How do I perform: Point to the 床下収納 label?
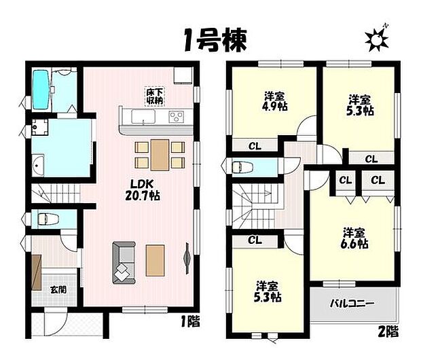click(x=153, y=96)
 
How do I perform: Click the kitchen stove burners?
click(x=177, y=115)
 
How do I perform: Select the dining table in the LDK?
click(x=160, y=154)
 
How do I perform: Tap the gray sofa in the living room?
click(x=123, y=262)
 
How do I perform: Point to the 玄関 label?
click(x=58, y=289)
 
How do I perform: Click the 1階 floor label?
click(x=190, y=320)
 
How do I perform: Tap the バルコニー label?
click(x=353, y=303)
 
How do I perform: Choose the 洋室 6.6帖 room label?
click(x=354, y=236)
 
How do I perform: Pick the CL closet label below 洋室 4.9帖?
click(x=253, y=145)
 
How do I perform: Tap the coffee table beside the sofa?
click(x=155, y=259)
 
